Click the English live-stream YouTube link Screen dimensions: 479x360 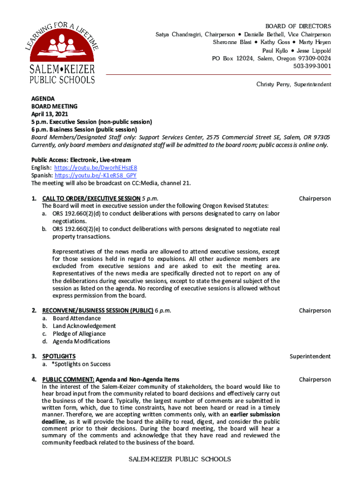[x=95, y=167]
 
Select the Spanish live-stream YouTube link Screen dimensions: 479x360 [x=95, y=175]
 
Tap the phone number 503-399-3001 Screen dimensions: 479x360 [x=312, y=66]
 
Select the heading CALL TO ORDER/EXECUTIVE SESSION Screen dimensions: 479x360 [x=91, y=198]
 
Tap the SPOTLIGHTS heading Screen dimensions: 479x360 [x=59, y=356]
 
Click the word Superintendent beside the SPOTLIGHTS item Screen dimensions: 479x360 [x=310, y=356]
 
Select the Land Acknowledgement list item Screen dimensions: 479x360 [x=84, y=326]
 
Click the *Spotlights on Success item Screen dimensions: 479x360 [x=81, y=364]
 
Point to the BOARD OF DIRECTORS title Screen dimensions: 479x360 [x=298, y=26]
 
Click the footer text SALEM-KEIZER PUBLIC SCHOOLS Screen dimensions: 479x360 [x=180, y=459]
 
